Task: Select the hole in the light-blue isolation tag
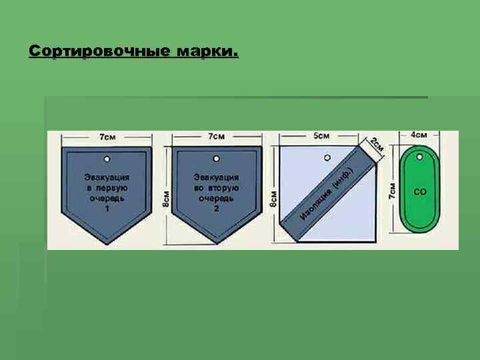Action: click(326, 158)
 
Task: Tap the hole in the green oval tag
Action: click(420, 158)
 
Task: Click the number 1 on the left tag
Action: click(107, 209)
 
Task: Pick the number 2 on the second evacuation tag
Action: click(216, 209)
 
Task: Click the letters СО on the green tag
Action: click(420, 192)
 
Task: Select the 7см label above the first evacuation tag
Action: click(107, 137)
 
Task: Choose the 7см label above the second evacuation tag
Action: click(216, 137)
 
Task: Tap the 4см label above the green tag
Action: click(419, 135)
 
